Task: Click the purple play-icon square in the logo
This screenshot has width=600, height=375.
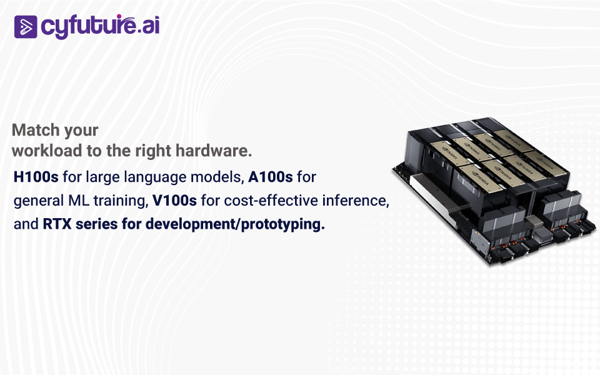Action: [26, 27]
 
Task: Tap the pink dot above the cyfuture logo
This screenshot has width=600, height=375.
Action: [119, 16]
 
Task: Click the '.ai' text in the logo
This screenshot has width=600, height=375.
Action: [148, 27]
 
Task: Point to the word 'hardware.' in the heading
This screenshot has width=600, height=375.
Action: [214, 151]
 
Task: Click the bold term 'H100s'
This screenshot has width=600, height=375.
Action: [36, 177]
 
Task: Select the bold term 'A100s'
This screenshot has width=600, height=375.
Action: [270, 177]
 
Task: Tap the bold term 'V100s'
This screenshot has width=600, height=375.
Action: [174, 200]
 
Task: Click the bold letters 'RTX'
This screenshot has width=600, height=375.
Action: [57, 224]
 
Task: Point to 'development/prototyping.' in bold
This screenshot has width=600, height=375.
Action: [235, 224]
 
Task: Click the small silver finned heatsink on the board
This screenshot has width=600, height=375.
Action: [542, 233]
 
